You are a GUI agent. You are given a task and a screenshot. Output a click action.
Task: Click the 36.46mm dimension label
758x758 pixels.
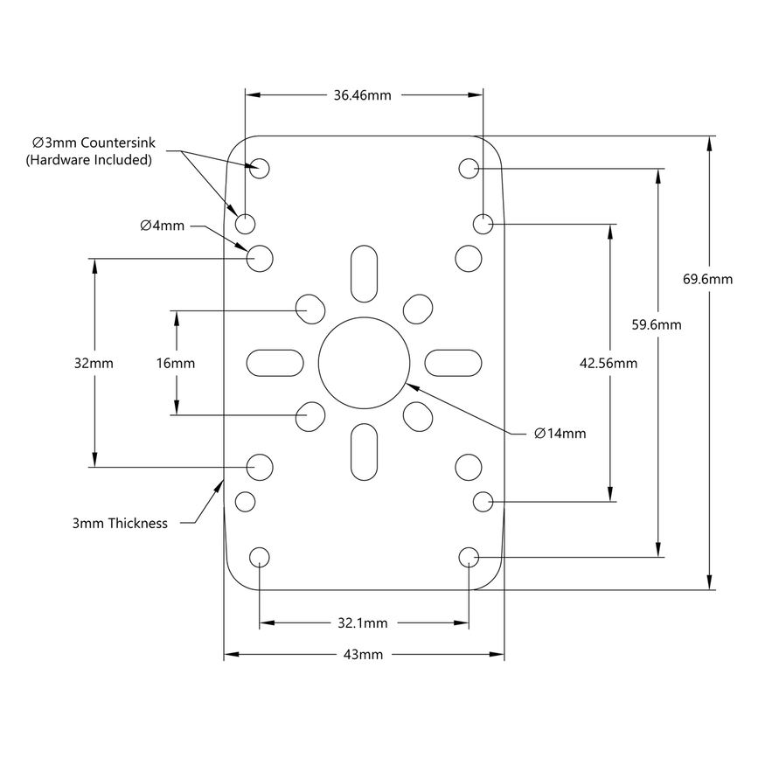pyautogui.click(x=362, y=95)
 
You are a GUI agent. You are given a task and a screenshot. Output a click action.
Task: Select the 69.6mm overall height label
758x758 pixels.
pyautogui.click(x=706, y=280)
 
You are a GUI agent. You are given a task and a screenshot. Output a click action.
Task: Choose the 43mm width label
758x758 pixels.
pyautogui.click(x=363, y=654)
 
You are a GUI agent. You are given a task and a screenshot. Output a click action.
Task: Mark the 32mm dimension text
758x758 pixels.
pyautogui.click(x=94, y=362)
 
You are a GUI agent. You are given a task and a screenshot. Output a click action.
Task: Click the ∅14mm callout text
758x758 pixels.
pyautogui.click(x=560, y=433)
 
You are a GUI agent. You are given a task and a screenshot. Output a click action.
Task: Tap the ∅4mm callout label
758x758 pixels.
pyautogui.click(x=162, y=226)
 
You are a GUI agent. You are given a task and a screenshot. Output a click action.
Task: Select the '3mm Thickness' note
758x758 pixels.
pyautogui.click(x=120, y=524)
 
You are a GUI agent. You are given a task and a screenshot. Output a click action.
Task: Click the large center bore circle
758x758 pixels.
pyautogui.click(x=365, y=361)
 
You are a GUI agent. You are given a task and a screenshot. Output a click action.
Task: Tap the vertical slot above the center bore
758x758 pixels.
pyautogui.click(x=365, y=272)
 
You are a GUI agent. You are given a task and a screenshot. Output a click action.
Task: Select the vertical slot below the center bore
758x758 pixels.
pyautogui.click(x=365, y=452)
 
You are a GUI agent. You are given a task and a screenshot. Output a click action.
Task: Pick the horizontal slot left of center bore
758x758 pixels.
pyautogui.click(x=275, y=361)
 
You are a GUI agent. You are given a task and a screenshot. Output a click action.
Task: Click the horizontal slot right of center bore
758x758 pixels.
pyautogui.click(x=454, y=361)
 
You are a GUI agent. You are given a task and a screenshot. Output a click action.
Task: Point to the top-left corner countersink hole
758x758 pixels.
pyautogui.click(x=260, y=168)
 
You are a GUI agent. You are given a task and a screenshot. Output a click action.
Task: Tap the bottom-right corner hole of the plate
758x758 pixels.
pyautogui.click(x=469, y=557)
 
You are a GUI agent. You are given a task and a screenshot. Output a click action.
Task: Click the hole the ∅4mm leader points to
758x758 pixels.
pyautogui.click(x=260, y=258)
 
